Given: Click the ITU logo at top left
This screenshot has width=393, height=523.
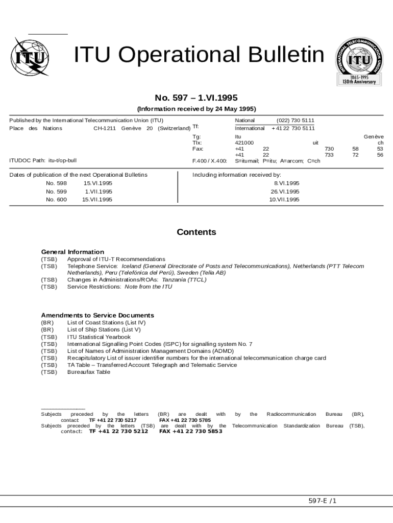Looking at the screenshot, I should pos(29,57).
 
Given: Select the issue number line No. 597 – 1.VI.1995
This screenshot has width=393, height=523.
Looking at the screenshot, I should pos(196,98).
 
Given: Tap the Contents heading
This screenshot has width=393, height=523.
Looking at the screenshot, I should pos(196,232).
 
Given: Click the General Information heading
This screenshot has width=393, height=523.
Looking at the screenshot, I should pos(72,252).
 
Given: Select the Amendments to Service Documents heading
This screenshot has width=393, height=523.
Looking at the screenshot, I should pos(97,315).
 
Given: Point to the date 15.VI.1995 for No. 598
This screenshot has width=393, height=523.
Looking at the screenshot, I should pos(98,183).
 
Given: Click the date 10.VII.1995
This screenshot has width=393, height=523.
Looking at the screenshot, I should pos(284,200).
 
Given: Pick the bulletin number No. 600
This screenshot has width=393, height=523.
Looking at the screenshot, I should pos(56,200).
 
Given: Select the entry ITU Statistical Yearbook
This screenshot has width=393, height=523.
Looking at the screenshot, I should pos(99,337).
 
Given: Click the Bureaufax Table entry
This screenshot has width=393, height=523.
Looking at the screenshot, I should pos(89,372).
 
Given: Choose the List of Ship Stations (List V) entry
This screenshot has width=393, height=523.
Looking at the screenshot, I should pos(104,330).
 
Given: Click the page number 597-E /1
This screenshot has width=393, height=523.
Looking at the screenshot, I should pos(323,501).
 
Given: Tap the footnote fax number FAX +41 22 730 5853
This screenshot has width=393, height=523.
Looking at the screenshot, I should pos(191,432).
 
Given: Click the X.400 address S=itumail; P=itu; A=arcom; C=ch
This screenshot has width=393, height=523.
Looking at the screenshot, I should pos(278,161).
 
